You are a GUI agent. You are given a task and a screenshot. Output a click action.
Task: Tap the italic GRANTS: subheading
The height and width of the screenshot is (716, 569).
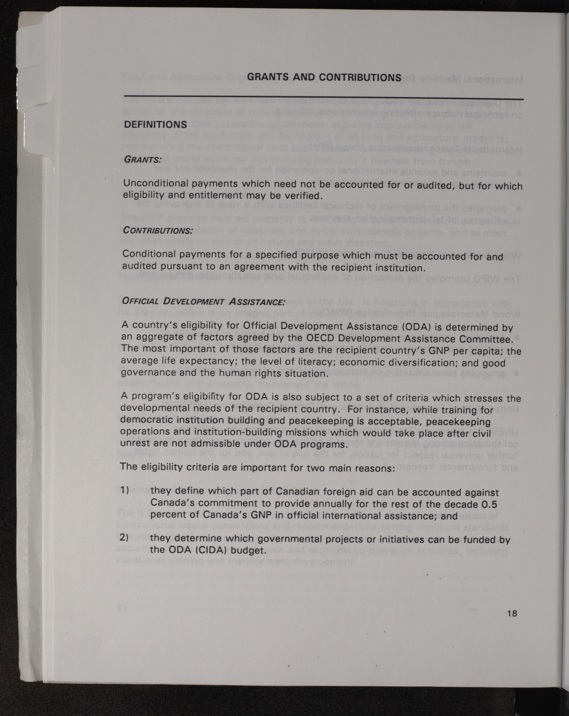[142, 159]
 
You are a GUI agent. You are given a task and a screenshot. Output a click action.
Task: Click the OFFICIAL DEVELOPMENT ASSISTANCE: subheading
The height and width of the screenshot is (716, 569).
[203, 302]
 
